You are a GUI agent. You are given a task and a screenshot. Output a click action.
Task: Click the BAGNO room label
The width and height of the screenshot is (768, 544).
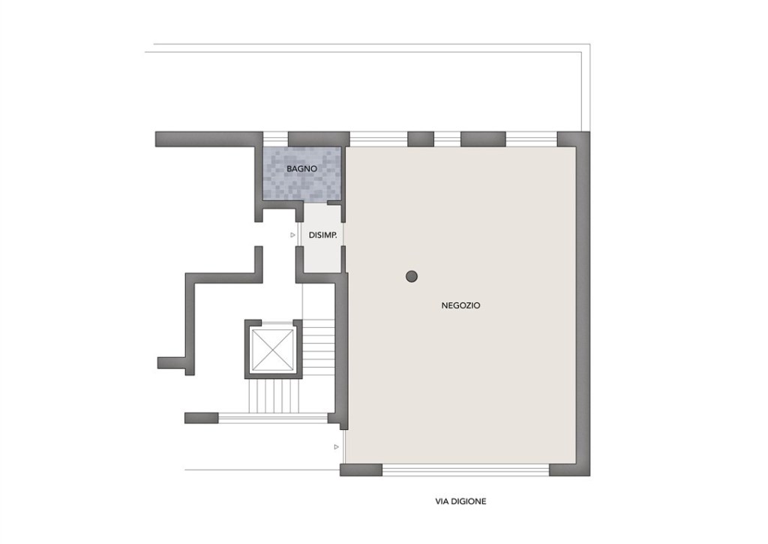coord(301,169)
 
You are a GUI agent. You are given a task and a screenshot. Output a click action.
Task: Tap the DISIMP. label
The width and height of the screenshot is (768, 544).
coord(322,236)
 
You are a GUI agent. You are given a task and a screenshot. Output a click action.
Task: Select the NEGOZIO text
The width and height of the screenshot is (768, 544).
coord(461,305)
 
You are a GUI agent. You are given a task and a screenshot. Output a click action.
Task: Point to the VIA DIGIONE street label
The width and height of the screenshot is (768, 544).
coord(461,501)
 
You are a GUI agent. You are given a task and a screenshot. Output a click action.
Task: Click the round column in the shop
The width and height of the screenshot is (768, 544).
coord(412,276)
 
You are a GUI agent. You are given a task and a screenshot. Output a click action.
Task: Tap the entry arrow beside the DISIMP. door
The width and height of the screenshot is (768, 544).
coord(293,236)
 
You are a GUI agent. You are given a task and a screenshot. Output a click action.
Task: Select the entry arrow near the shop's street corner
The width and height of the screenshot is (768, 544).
coord(337,447)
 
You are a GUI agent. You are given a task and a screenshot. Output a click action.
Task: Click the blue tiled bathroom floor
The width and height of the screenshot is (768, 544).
coord(301,173)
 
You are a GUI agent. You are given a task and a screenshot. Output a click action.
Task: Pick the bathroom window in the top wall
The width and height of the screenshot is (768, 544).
coord(275,139)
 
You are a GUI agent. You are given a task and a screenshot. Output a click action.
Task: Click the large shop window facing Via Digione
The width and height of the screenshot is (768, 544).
coord(466,470)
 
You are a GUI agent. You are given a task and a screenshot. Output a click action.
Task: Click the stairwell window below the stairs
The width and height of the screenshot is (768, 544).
coord(273,418)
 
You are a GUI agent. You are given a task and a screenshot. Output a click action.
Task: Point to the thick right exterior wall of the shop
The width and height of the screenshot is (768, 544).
coord(583,304)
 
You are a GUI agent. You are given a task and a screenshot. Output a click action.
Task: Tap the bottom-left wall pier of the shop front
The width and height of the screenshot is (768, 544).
coord(361,470)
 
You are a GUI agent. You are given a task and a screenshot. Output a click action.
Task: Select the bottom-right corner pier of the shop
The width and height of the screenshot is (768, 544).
coord(570,470)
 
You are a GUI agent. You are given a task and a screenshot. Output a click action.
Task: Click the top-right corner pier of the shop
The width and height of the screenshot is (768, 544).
coord(574,139)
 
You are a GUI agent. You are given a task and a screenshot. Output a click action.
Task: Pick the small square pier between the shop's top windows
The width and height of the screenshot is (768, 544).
coord(421,139)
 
